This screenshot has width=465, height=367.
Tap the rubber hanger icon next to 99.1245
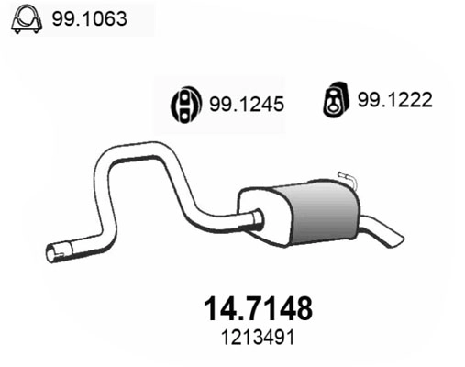187,106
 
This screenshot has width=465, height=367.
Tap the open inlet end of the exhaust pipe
51,250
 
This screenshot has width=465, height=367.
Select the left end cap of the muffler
248,216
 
